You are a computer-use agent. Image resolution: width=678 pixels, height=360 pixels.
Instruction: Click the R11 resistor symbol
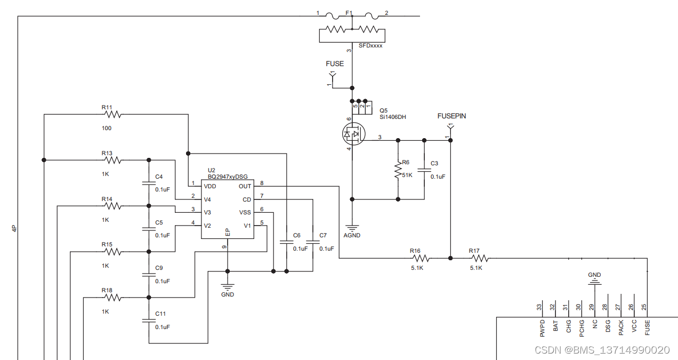(x=112, y=114)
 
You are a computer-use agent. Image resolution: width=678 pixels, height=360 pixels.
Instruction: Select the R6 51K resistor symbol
(x=398, y=170)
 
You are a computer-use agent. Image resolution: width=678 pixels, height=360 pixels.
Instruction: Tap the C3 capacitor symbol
(x=424, y=171)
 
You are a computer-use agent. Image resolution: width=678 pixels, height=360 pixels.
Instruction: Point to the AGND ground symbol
(x=352, y=228)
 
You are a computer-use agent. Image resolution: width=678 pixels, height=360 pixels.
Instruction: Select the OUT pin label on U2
(x=245, y=186)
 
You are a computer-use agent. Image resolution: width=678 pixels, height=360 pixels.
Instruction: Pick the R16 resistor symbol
(x=421, y=258)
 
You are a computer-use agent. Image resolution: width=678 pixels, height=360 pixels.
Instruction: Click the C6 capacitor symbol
(x=286, y=242)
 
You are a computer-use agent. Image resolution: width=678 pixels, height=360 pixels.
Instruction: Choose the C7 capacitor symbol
(x=313, y=242)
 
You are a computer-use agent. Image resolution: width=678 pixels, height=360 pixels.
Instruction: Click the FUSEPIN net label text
(x=451, y=116)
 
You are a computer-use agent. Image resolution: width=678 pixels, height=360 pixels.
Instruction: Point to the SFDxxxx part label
(x=370, y=46)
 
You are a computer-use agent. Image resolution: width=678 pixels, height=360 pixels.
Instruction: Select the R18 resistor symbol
(x=112, y=298)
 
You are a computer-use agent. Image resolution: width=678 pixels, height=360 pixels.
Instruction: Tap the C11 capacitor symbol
(x=149, y=320)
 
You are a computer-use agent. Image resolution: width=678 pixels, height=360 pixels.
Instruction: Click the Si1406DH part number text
(x=393, y=117)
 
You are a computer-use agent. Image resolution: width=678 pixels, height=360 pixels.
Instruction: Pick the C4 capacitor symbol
(x=149, y=183)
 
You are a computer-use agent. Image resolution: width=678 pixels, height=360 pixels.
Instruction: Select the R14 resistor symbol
(x=112, y=206)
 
